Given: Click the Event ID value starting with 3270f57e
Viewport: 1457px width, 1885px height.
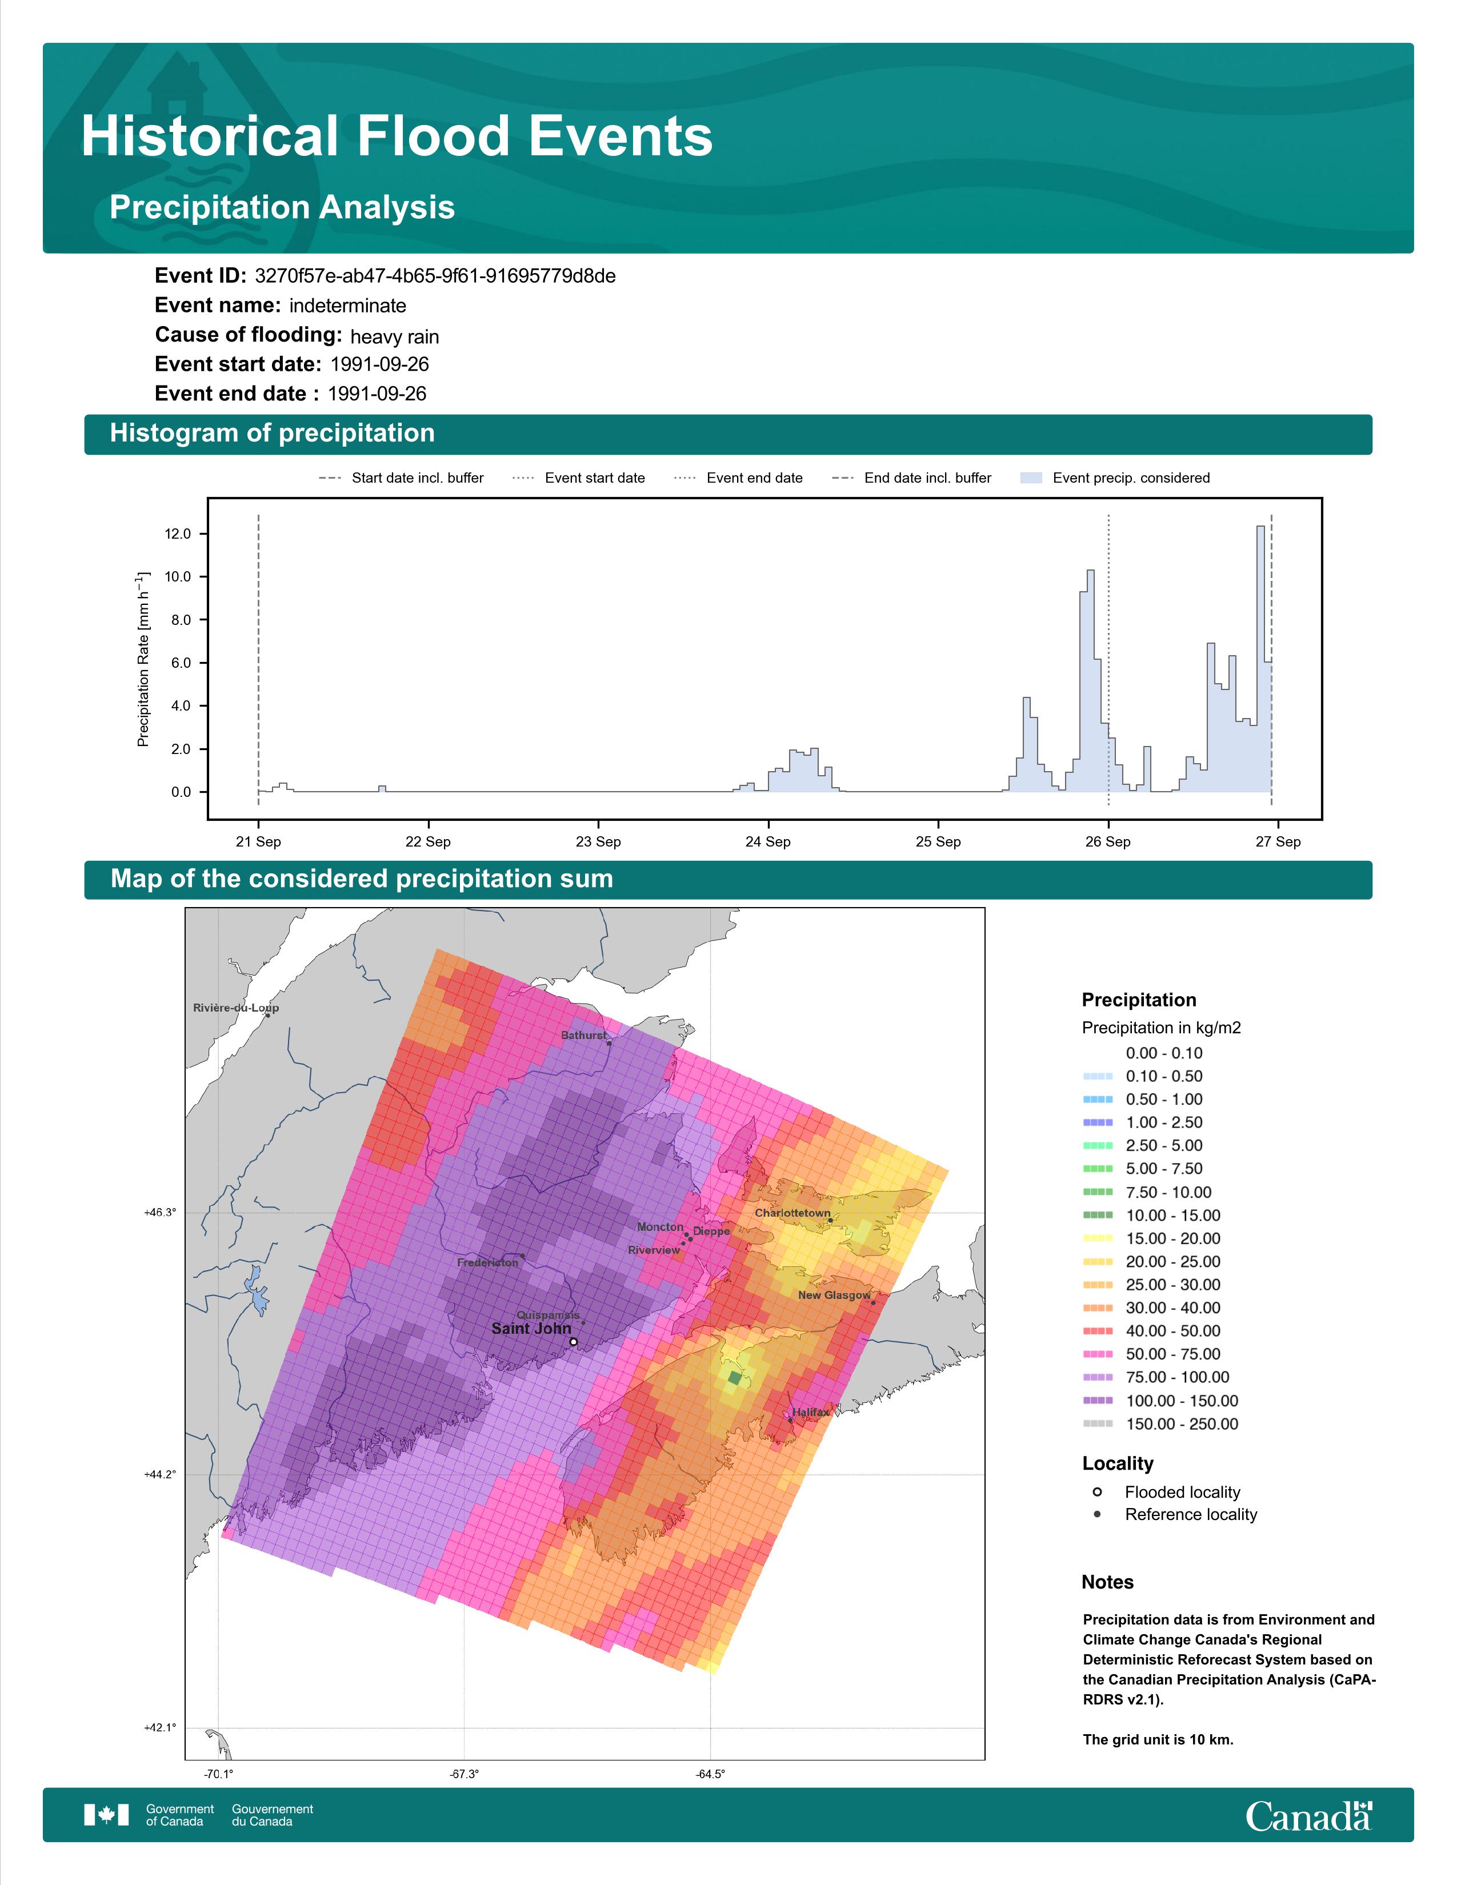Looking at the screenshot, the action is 435,276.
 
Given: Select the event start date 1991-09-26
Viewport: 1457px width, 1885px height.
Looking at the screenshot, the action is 380,364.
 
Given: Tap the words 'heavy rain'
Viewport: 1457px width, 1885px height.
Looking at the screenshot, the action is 394,336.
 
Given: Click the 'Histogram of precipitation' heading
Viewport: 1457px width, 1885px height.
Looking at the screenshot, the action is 272,434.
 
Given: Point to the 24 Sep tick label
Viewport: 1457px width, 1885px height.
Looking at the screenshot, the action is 767,841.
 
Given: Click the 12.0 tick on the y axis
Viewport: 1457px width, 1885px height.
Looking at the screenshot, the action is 178,534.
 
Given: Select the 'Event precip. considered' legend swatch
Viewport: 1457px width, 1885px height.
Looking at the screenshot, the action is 1031,478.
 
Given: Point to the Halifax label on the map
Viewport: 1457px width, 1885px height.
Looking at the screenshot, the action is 811,1413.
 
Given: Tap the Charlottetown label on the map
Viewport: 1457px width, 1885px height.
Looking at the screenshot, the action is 792,1213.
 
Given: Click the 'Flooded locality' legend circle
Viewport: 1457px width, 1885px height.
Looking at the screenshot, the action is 1097,1492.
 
